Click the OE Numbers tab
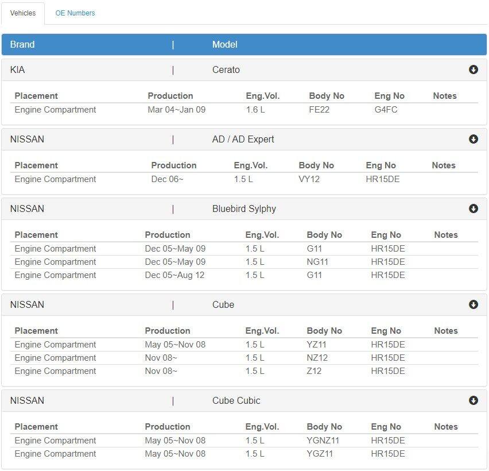point(75,13)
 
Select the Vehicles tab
point(23,13)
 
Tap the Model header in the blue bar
point(225,44)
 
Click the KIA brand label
point(17,70)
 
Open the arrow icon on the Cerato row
point(474,70)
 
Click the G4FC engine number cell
point(386,110)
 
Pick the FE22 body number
point(319,110)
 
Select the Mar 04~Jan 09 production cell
point(177,110)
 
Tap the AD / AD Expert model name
point(243,139)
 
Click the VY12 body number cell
point(309,179)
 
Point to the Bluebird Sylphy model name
point(244,209)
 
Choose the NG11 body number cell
point(317,262)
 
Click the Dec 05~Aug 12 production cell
point(174,275)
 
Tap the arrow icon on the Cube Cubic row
point(474,400)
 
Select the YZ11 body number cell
point(317,345)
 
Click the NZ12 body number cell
point(317,358)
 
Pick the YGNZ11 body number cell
point(323,441)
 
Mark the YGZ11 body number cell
point(320,454)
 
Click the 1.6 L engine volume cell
point(255,110)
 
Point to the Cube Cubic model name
point(236,400)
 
